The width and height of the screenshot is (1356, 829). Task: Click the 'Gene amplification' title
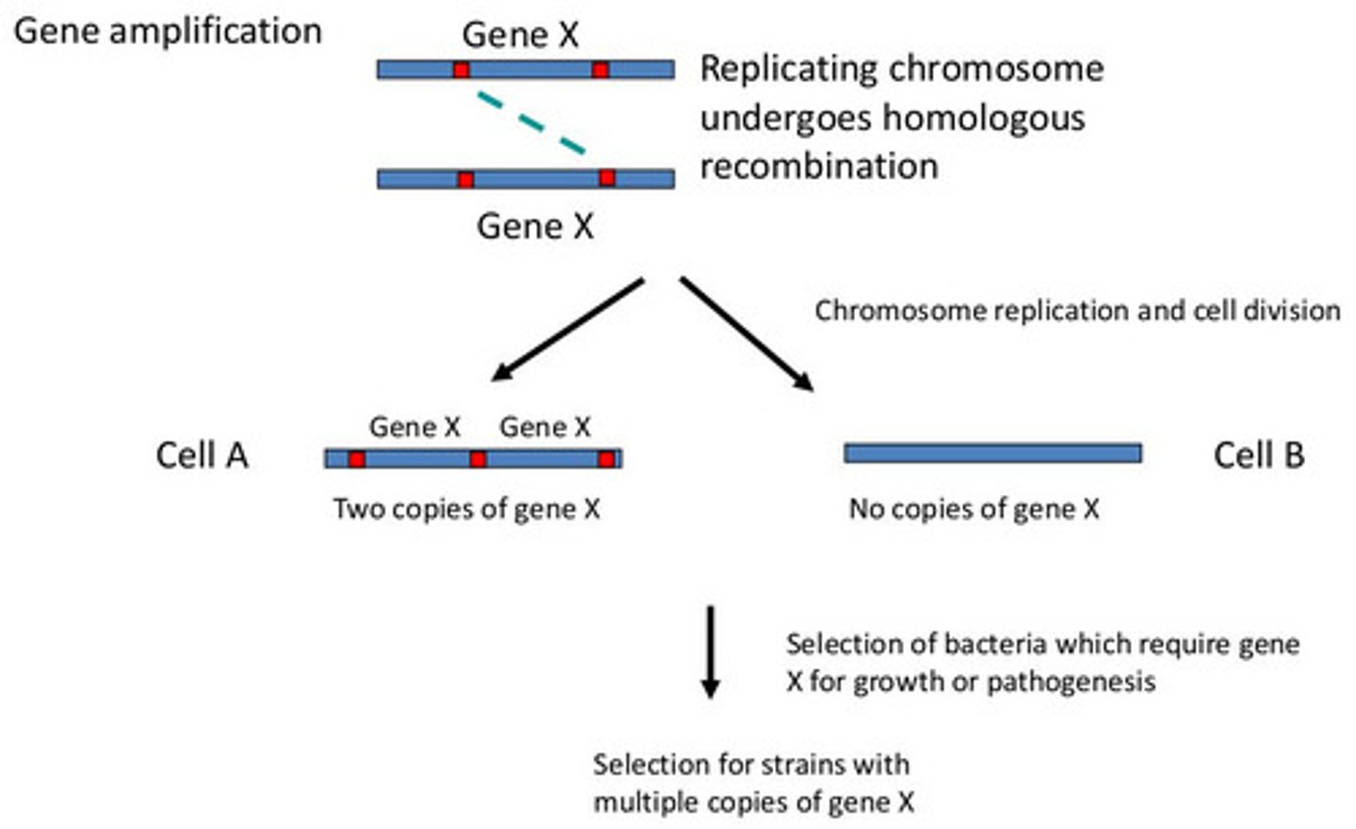(168, 31)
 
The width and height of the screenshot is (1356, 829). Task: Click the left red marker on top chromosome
(460, 70)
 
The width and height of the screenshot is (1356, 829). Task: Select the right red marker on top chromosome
(600, 70)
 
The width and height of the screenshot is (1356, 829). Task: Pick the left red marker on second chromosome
(465, 179)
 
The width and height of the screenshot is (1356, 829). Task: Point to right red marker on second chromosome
(607, 178)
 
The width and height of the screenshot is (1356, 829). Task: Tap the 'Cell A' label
(202, 455)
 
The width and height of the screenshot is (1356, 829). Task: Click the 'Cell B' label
(1258, 455)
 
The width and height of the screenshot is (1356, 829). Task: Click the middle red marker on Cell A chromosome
(478, 459)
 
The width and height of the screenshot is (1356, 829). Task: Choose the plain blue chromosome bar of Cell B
(993, 454)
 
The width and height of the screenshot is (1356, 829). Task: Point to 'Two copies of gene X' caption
(466, 509)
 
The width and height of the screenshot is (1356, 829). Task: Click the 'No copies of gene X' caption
(974, 509)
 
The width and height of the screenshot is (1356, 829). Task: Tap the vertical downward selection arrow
(711, 651)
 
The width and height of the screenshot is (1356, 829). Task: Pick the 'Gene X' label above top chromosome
(520, 36)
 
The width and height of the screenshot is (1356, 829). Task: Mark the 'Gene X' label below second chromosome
(535, 226)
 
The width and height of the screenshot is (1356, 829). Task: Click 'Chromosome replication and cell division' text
(1077, 311)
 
